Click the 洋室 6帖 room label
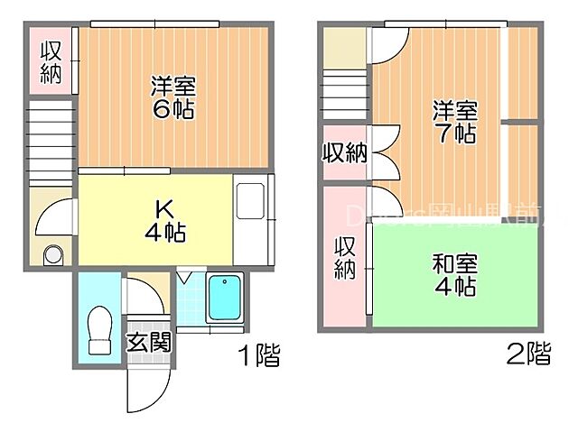pyautogui.click(x=172, y=98)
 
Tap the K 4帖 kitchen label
pyautogui.click(x=164, y=218)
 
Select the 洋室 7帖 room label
pyautogui.click(x=453, y=123)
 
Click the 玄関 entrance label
pyautogui.click(x=147, y=343)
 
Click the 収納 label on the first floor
pyautogui.click(x=51, y=61)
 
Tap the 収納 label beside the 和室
pyautogui.click(x=345, y=257)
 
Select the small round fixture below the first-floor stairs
pyautogui.click(x=53, y=254)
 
